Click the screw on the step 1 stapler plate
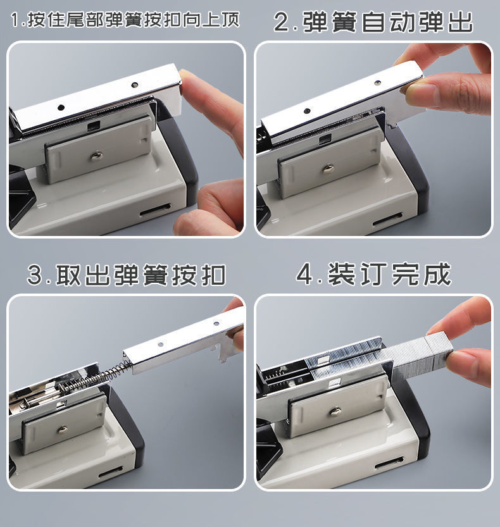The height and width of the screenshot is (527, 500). pyautogui.click(x=97, y=155)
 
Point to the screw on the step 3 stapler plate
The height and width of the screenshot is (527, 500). pyautogui.click(x=62, y=429)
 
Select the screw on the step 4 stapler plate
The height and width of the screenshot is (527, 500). pyautogui.click(x=335, y=411)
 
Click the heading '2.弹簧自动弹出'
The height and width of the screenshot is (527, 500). pyautogui.click(x=373, y=22)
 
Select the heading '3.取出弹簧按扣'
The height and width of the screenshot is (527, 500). pyautogui.click(x=127, y=275)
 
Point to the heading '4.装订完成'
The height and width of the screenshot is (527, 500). pyautogui.click(x=373, y=275)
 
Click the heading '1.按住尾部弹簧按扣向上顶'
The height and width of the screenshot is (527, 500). pyautogui.click(x=125, y=20)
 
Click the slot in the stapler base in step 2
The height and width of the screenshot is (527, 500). pyautogui.click(x=387, y=220)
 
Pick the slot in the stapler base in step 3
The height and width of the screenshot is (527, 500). pyautogui.click(x=111, y=473)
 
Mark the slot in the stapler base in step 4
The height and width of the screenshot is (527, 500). pyautogui.click(x=389, y=464)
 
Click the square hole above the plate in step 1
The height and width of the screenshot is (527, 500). pyautogui.click(x=94, y=126)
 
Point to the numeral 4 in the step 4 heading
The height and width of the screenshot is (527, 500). pyautogui.click(x=305, y=275)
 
